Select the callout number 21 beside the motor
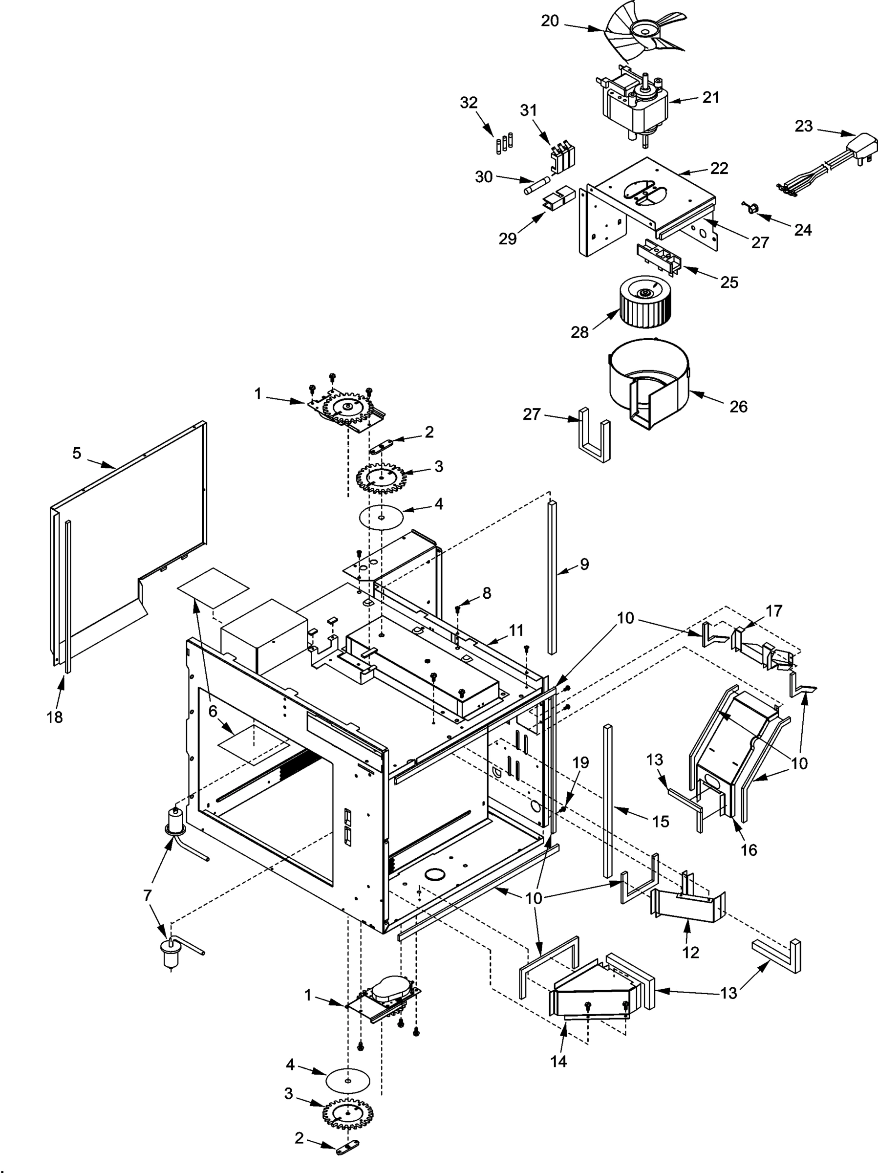(710, 98)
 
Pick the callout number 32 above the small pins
(469, 102)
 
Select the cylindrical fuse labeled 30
(536, 188)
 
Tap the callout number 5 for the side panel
(77, 454)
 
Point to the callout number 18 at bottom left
(55, 717)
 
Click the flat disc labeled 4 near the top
(381, 516)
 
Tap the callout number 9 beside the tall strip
(584, 564)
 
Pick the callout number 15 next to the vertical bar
(660, 822)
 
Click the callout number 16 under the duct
(749, 850)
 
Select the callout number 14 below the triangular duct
(558, 1061)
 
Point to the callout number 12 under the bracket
(690, 953)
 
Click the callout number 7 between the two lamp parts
(148, 896)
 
